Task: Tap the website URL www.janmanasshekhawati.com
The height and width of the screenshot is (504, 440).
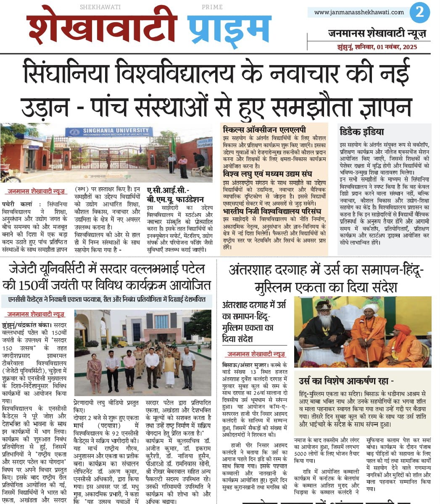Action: pyautogui.click(x=359, y=12)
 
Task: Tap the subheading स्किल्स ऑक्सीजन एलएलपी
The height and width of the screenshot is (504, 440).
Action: pyautogui.click(x=265, y=130)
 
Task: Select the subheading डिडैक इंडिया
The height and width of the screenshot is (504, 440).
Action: pyautogui.click(x=362, y=132)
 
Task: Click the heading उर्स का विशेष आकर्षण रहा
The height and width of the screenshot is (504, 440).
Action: pyautogui.click(x=346, y=381)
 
